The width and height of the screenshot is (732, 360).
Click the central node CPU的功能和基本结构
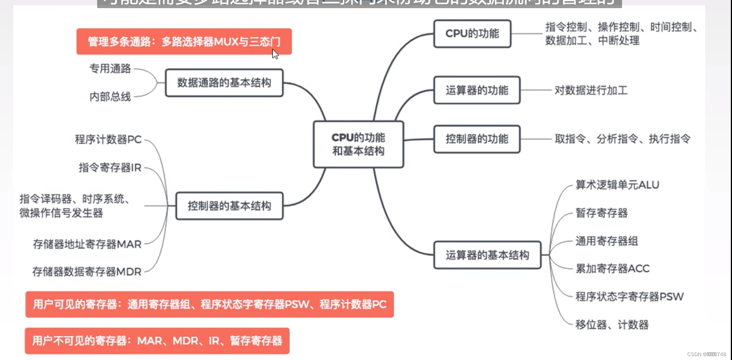click(358, 144)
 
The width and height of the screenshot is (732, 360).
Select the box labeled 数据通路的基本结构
click(224, 83)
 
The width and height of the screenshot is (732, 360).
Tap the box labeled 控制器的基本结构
click(229, 206)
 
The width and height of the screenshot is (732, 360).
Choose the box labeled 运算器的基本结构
click(487, 255)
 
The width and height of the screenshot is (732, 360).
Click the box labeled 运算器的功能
click(477, 90)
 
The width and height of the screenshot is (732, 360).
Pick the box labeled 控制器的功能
click(477, 139)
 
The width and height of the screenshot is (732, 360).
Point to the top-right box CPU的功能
click(472, 34)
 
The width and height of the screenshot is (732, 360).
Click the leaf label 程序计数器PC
click(108, 139)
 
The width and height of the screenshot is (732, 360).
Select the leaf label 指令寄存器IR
click(110, 167)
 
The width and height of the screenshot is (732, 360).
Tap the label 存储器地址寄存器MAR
click(87, 244)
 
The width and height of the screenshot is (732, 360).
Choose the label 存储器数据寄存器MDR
click(87, 272)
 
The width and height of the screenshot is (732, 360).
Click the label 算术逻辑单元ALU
click(617, 185)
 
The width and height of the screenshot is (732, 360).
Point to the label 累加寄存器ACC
click(612, 269)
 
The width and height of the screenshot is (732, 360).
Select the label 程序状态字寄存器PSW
click(629, 297)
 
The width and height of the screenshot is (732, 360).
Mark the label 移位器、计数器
click(612, 325)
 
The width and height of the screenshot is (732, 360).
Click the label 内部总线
click(110, 97)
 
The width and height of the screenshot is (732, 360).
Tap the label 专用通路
click(110, 69)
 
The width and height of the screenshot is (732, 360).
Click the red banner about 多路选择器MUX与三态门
click(184, 42)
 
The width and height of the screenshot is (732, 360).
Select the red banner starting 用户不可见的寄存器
click(157, 341)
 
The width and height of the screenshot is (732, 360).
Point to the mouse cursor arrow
click(275, 54)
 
